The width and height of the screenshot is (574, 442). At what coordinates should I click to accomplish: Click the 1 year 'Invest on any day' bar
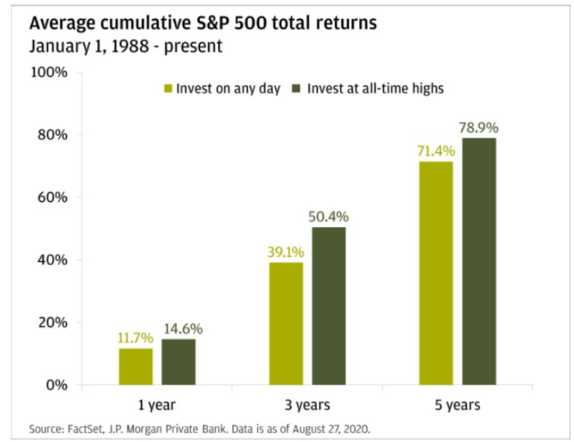click(136, 366)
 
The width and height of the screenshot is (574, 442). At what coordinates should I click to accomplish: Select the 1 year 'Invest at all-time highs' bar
click(179, 362)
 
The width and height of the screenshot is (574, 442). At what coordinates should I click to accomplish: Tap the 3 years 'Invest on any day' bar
click(285, 323)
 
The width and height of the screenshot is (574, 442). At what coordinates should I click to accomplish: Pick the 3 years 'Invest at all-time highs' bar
click(329, 306)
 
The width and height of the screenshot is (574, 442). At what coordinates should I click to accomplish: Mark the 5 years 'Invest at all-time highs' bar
click(479, 261)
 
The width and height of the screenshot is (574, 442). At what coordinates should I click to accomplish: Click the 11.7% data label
click(136, 338)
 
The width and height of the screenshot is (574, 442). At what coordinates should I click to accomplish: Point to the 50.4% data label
click(329, 217)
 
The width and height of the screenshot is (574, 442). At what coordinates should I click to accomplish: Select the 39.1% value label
click(285, 252)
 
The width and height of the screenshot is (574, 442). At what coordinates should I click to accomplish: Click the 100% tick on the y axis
click(49, 73)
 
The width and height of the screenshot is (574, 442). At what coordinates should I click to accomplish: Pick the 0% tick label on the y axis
click(56, 384)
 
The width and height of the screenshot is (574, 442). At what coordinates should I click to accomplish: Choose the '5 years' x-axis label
click(457, 405)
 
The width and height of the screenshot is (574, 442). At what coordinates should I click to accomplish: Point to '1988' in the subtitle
click(118, 46)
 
